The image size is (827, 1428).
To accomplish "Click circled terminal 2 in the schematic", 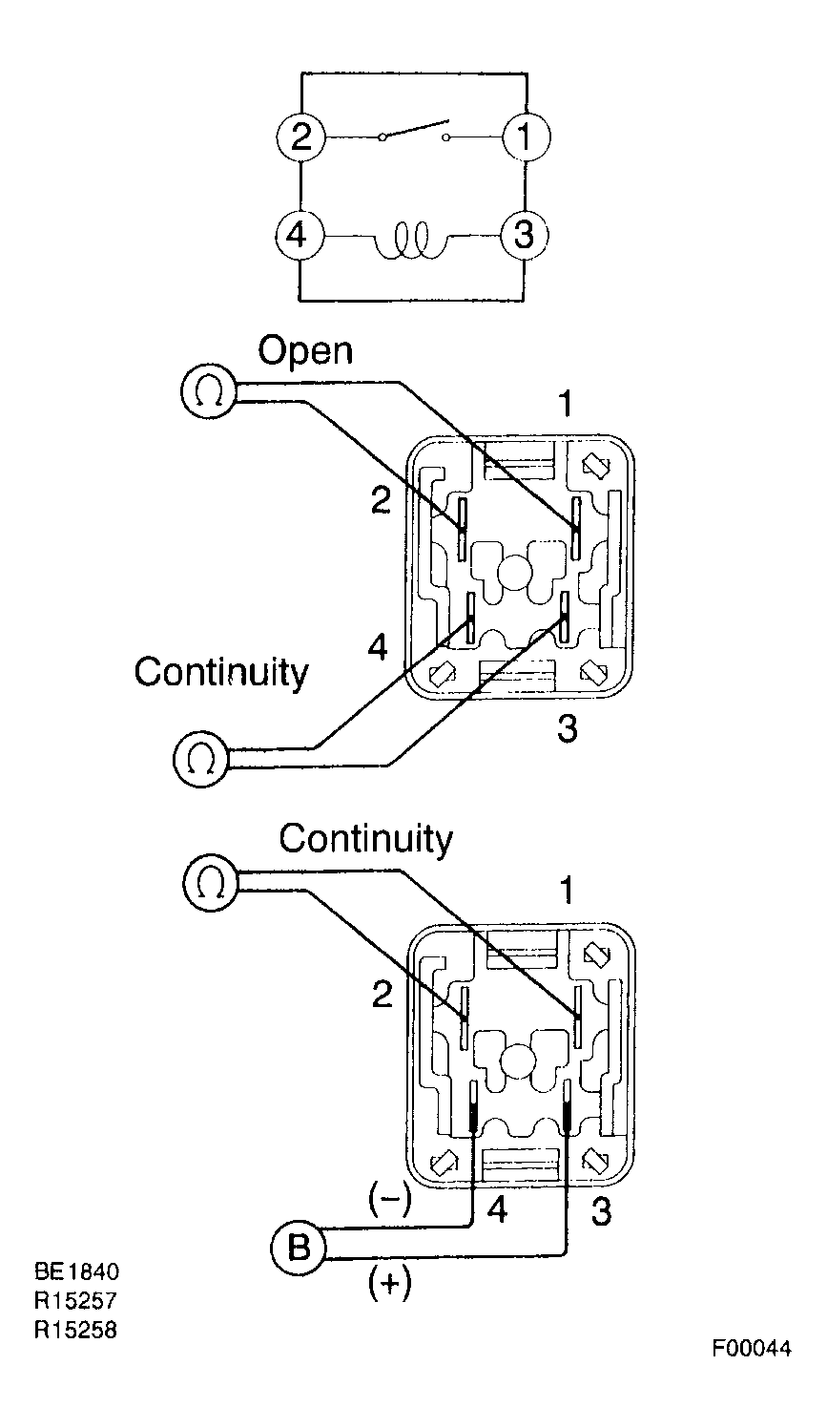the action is pos(300,136).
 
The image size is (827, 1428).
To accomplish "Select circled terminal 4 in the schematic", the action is pos(300,236).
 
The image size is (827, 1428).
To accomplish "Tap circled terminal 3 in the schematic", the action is pos(525,236).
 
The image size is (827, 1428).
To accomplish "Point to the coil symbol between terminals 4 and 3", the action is pos(411,241).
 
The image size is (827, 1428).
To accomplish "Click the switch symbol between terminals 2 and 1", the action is pos(414,131).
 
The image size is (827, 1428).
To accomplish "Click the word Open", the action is pos(305,351).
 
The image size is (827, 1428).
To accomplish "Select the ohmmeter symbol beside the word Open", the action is pos(209,391).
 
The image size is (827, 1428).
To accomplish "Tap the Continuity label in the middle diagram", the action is pos(221,673).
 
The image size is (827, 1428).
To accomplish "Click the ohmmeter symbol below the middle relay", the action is pos(200,759).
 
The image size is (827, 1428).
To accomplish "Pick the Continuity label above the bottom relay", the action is pos(365,839).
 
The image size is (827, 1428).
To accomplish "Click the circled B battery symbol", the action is pos(299,1249).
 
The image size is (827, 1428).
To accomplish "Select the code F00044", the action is pos(752,1349).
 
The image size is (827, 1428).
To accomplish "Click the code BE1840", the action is pos(76,1271).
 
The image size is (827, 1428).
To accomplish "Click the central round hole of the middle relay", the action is pos(515,569).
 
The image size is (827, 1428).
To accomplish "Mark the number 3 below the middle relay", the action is pos(567,729).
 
